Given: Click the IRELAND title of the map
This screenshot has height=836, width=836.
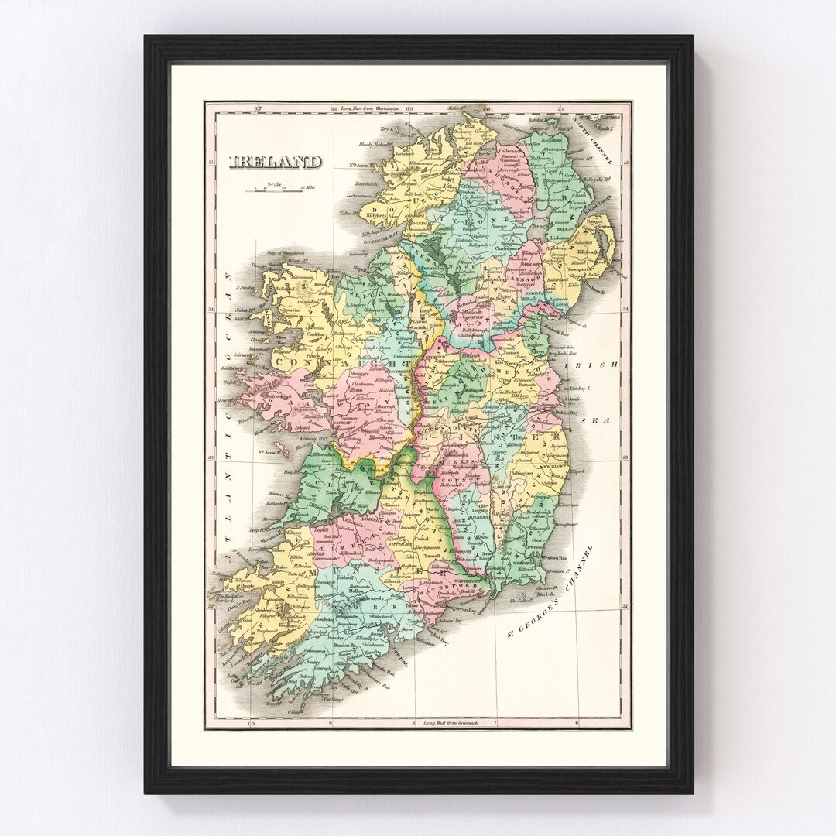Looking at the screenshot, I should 275,162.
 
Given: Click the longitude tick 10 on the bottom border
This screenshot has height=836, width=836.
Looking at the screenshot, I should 249,724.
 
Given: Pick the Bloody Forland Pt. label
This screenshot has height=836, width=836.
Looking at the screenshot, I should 373,144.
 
